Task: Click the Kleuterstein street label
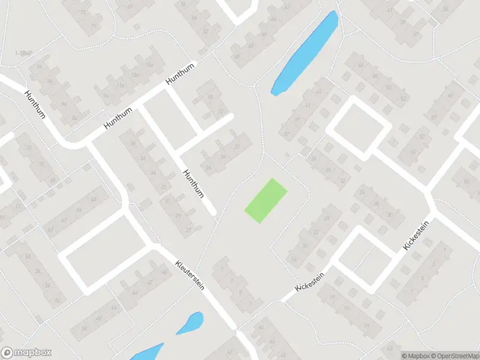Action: click(x=190, y=275)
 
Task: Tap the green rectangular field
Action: click(x=266, y=200)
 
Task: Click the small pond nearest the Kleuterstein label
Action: click(x=190, y=323)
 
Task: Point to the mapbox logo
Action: click(x=26, y=352)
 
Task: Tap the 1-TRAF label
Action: click(x=23, y=54)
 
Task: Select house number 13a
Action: click(x=135, y=74)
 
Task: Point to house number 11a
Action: click(x=120, y=85)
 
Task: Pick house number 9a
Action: click(x=106, y=95)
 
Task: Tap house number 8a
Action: click(x=74, y=118)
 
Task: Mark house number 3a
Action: click(x=50, y=80)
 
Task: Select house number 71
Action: click(x=94, y=26)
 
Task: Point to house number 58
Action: click(x=28, y=257)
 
